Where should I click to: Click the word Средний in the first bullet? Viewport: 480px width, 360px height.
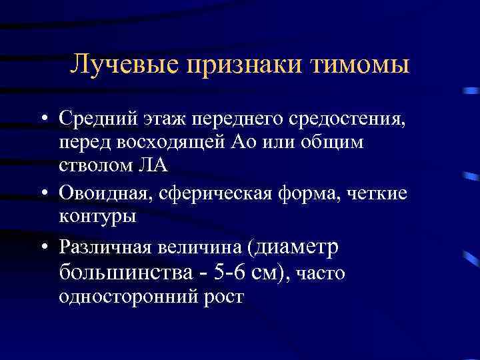point(97,121)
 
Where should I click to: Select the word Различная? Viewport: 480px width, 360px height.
point(104,247)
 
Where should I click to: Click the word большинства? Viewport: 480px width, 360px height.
point(119,271)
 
